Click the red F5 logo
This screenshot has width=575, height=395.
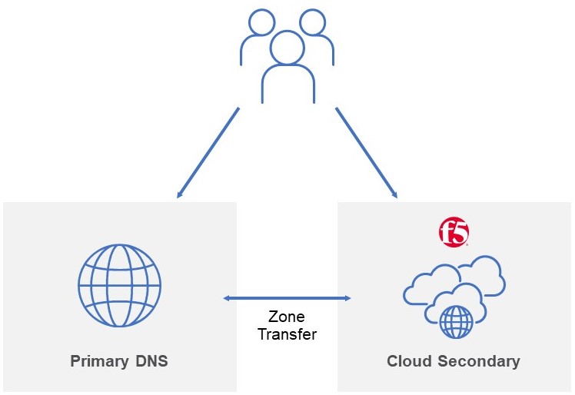coord(454,232)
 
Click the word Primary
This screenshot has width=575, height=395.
coord(99,361)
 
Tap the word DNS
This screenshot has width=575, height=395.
coord(151,361)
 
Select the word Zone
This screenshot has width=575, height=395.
coord(287,317)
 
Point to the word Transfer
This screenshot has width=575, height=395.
coord(287,334)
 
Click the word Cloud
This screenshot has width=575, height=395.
coord(409,361)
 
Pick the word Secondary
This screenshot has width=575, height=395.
coord(479,361)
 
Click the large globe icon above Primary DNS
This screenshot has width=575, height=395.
coord(120,285)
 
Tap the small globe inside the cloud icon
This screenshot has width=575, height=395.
coord(456,322)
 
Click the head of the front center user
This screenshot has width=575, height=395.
coord(287,48)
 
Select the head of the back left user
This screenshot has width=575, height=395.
coord(261,22)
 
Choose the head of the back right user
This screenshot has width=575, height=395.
coord(312,22)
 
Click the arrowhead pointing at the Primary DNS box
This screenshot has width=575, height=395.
coord(179,194)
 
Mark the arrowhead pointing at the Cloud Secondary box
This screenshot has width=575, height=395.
coord(394,194)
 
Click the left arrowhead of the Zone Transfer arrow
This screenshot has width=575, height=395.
coord(228,298)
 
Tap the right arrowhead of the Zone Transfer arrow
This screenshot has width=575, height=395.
coord(347,298)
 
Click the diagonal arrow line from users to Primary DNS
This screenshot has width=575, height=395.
coord(208,153)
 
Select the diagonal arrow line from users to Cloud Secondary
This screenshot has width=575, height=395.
coord(367,153)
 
